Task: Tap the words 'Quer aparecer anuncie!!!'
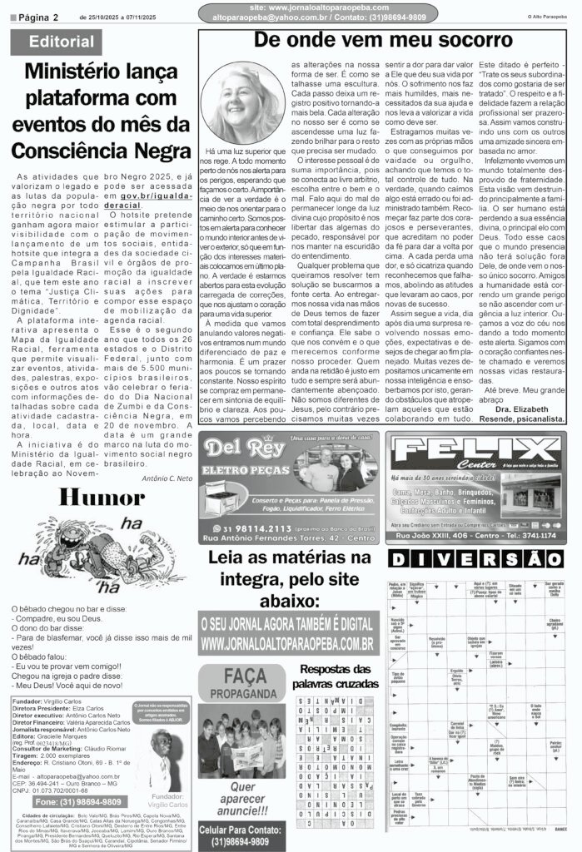coord(241,799)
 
